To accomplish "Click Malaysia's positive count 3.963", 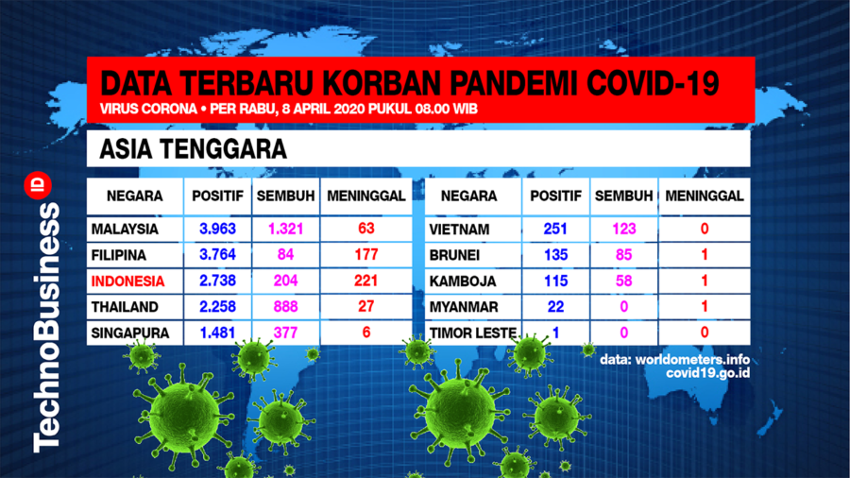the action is pos(217,229).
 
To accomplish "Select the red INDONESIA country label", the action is pos(127,282).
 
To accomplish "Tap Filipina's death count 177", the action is pos(365,255).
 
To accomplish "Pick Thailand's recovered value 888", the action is pos(285,307).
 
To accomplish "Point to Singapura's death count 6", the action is pos(366,333).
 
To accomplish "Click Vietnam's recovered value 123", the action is pos(624,229).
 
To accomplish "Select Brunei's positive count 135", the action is pos(555,255).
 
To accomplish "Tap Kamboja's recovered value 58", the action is pos(624,281).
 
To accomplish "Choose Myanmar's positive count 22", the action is pos(555,307).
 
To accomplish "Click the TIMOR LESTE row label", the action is pos(473,333).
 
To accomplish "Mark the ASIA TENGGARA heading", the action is pos(193,149).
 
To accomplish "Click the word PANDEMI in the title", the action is pos(512,83).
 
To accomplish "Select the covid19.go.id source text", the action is pos(708,373).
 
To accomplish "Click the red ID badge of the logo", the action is pos(38,185).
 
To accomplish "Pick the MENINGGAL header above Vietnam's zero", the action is pos(705,196).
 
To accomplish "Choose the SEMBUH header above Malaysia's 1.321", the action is pos(285,196).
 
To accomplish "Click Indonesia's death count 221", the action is pos(365,281).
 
